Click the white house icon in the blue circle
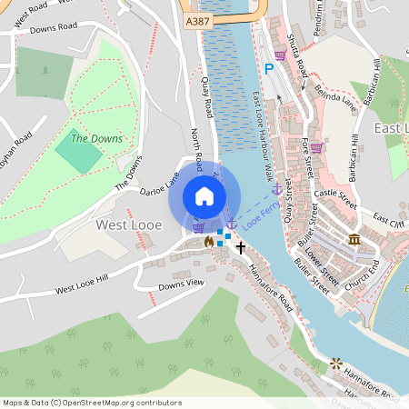pos(204,195)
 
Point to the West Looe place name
pos(129,224)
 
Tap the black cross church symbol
pos(242,246)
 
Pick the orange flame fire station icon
pos(209,243)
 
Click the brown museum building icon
pos(354,239)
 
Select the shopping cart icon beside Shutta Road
pos(280,55)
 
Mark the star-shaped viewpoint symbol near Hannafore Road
pos(338,363)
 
